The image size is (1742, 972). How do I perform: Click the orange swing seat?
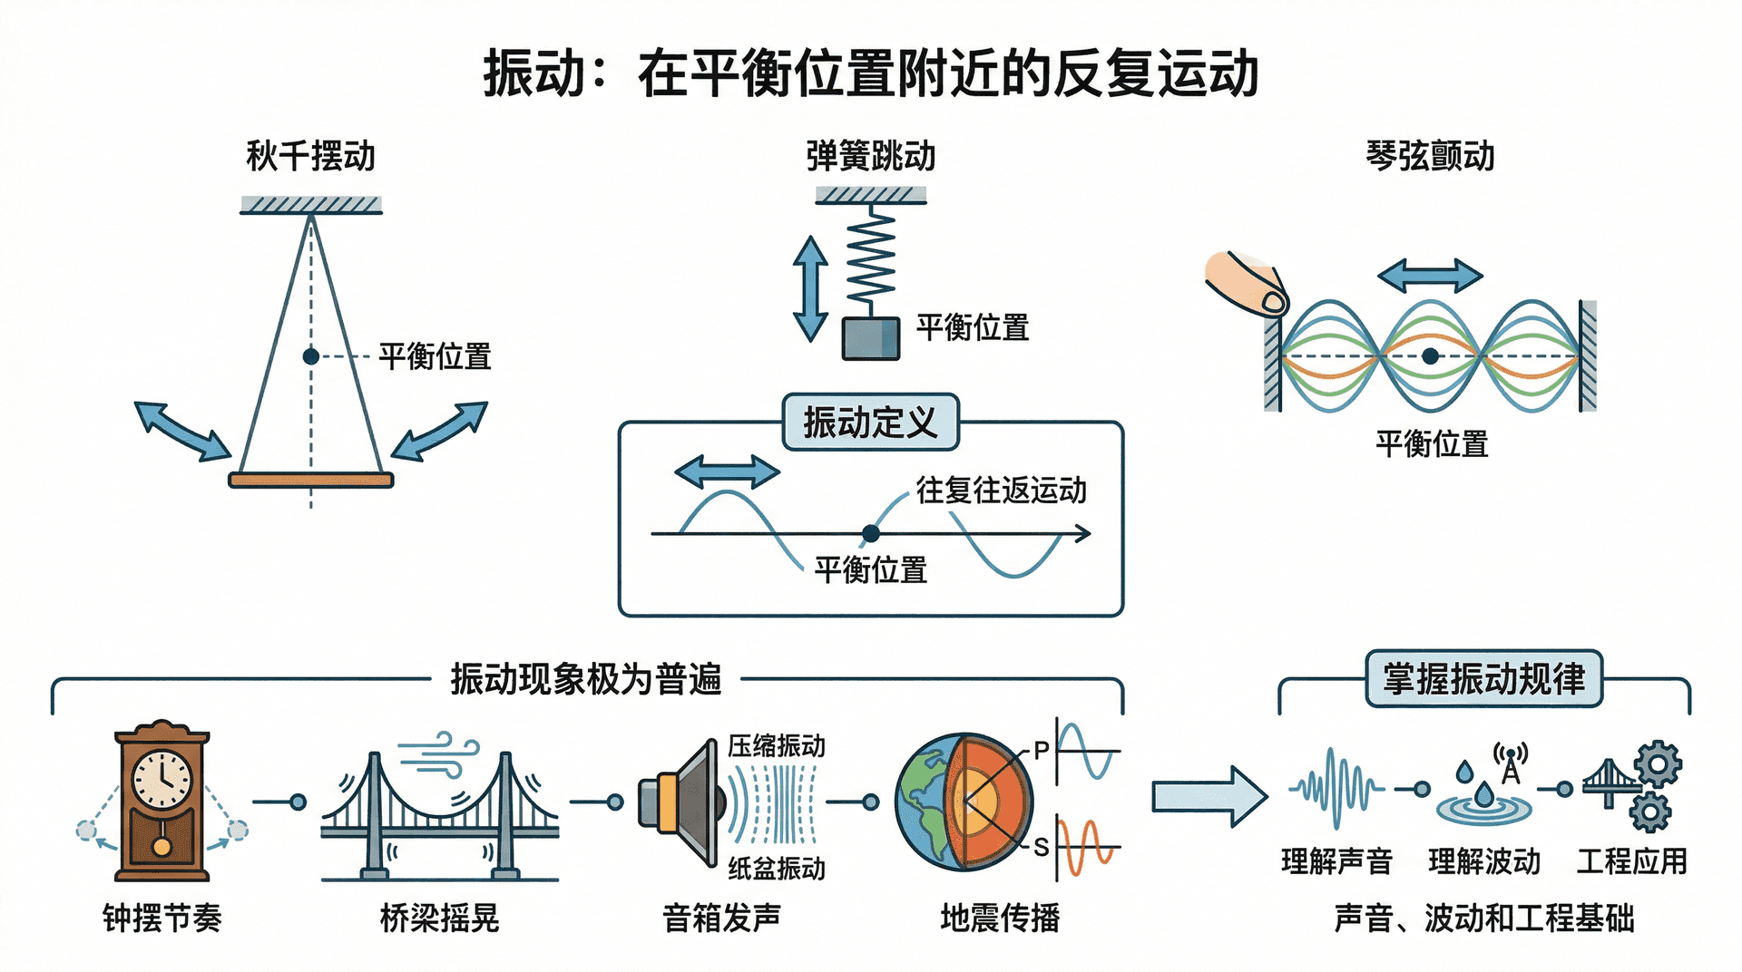tap(310, 480)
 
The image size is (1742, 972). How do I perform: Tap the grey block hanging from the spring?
tap(871, 338)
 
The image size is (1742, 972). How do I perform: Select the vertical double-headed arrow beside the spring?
tap(809, 288)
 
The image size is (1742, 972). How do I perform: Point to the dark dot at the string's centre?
tap(1430, 356)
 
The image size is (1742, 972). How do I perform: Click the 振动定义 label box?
tap(870, 423)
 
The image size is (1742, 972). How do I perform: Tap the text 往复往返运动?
tap(1001, 491)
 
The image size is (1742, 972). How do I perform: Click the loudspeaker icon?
tap(680, 802)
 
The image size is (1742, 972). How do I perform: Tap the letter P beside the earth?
tap(1041, 751)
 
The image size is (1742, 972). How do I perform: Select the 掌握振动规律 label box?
tap(1483, 679)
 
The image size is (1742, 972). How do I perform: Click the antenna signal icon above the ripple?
tap(1511, 762)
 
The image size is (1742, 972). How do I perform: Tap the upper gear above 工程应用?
tap(1659, 763)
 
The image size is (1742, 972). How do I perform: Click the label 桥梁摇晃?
tap(439, 919)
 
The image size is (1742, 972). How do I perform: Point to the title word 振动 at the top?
tap(533, 74)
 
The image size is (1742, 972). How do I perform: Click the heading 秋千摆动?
tap(310, 156)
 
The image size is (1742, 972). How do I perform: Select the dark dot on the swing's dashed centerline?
tap(310, 356)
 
